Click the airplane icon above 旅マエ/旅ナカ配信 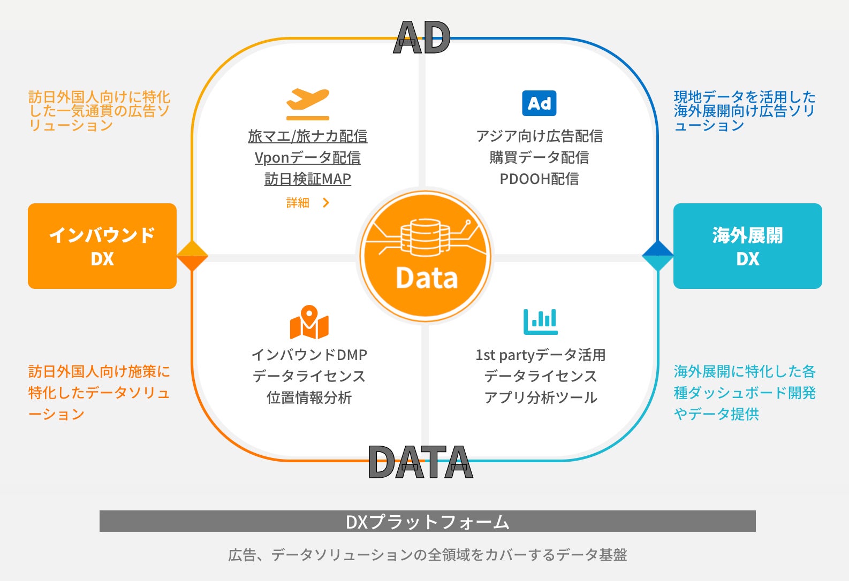pyautogui.click(x=308, y=103)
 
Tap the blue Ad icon pyautogui.click(x=539, y=103)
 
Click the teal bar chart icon pyautogui.click(x=540, y=322)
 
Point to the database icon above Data pyautogui.click(x=426, y=238)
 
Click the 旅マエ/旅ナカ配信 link pyautogui.click(x=308, y=136)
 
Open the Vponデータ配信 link pyautogui.click(x=308, y=158)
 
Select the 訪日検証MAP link pyautogui.click(x=308, y=179)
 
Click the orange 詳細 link pyautogui.click(x=298, y=203)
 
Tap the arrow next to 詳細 pyautogui.click(x=326, y=203)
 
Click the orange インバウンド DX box pyautogui.click(x=102, y=246)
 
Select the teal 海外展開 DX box pyautogui.click(x=747, y=246)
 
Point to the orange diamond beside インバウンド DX pyautogui.click(x=192, y=256)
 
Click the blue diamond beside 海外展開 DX pyautogui.click(x=657, y=256)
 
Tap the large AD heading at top pyautogui.click(x=422, y=38)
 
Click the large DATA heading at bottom pyautogui.click(x=421, y=462)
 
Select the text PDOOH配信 pyautogui.click(x=539, y=179)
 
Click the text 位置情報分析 pyautogui.click(x=309, y=397)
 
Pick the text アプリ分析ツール pyautogui.click(x=540, y=397)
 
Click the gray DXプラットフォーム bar pyautogui.click(x=427, y=521)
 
